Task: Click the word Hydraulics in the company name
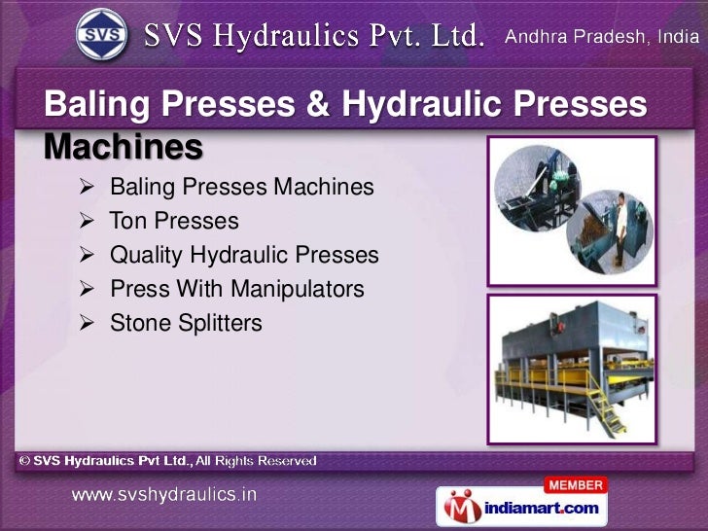tap(290, 37)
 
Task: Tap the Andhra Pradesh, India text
tap(602, 38)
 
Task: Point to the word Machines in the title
tap(124, 147)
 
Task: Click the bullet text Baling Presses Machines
tap(241, 186)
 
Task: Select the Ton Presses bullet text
tap(174, 221)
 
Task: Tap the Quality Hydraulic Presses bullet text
tap(244, 255)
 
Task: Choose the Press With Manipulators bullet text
tap(237, 289)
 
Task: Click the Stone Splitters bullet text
tap(186, 323)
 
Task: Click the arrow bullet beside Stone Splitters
tap(87, 323)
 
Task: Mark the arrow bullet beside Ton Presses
tap(87, 221)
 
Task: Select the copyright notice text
tap(165, 460)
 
